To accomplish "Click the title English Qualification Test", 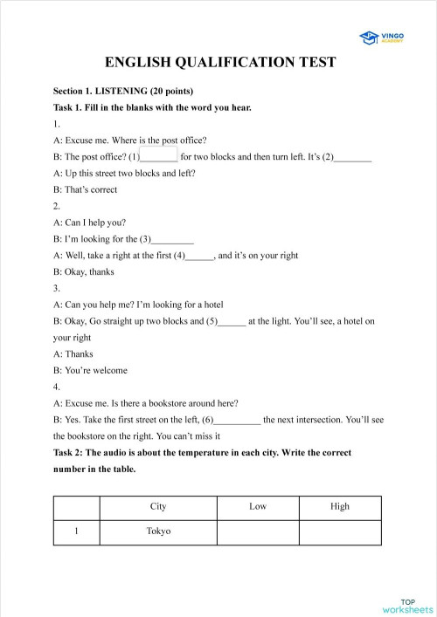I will [x=219, y=63].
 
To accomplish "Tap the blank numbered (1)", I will [x=159, y=156].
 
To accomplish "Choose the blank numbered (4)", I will [x=200, y=256].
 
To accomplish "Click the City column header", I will [x=158, y=506].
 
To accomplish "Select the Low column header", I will [x=258, y=506].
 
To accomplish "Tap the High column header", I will [x=340, y=506].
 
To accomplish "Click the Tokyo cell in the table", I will [x=158, y=531].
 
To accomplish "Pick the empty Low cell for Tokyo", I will [x=258, y=531].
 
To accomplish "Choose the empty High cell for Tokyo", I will [x=340, y=531].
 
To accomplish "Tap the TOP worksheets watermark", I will [x=407, y=606].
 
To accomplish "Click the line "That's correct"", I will [x=85, y=189].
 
